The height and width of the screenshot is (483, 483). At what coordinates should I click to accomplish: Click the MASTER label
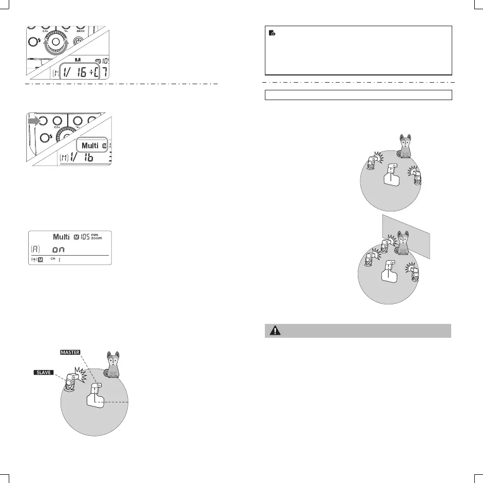(x=69, y=352)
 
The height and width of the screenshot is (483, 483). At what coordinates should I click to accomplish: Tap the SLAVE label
(x=43, y=372)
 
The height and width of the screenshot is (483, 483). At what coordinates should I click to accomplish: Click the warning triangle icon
(x=276, y=331)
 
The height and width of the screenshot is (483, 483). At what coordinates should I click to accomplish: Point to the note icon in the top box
(x=273, y=33)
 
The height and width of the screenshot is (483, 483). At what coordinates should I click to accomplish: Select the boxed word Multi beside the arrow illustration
(x=90, y=146)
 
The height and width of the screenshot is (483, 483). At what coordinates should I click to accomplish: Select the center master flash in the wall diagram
(x=389, y=273)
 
